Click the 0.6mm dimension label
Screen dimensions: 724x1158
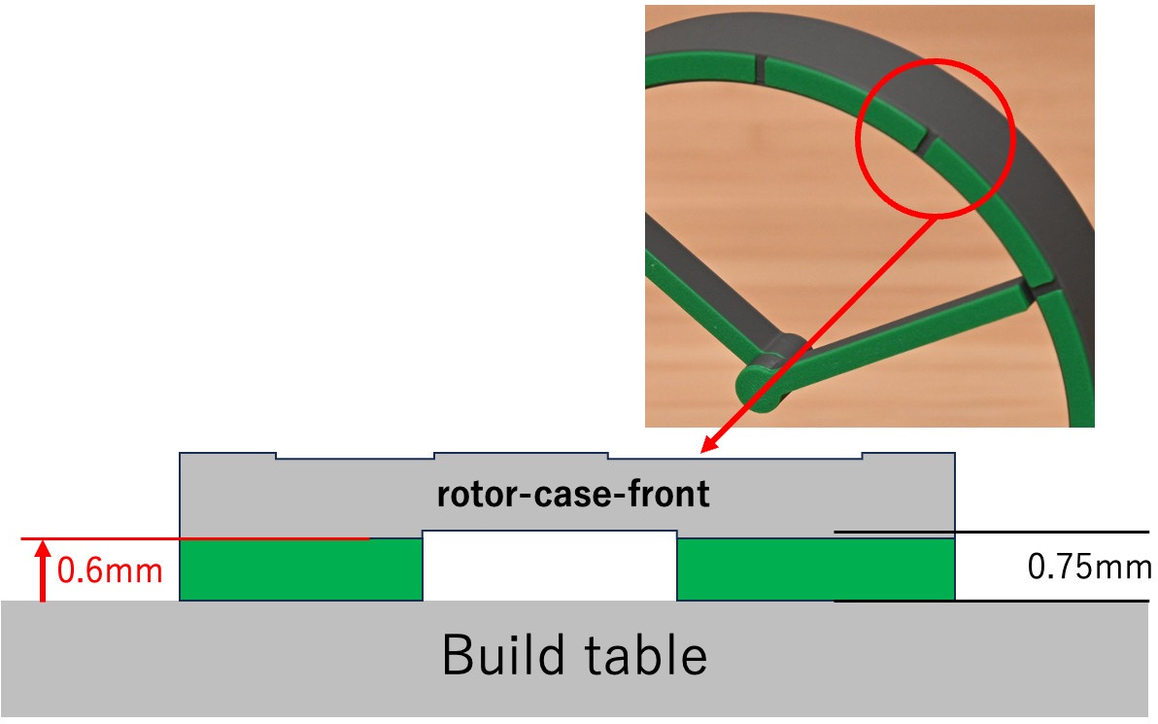[110, 570]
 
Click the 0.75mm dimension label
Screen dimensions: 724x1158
[1089, 567]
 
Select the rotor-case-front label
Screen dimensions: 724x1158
[573, 496]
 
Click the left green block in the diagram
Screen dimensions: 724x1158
[301, 570]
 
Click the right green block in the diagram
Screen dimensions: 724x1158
[814, 570]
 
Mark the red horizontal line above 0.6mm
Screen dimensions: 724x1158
[194, 538]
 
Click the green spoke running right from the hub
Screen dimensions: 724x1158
[913, 330]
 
